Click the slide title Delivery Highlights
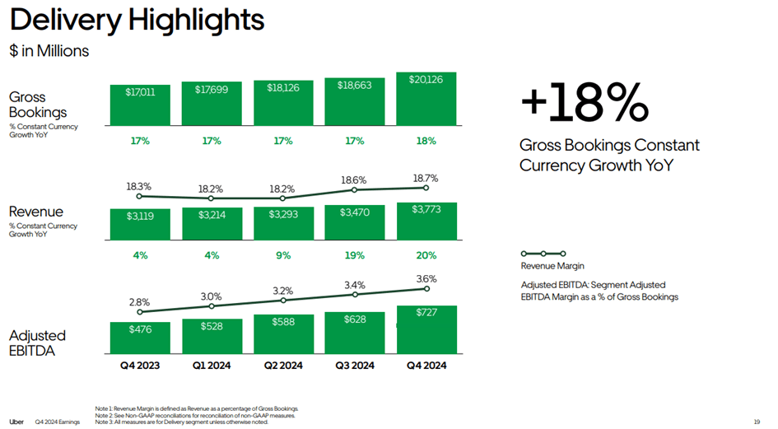(137, 19)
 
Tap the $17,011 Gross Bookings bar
(140, 104)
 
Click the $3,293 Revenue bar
(282, 223)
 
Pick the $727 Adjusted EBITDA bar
(426, 328)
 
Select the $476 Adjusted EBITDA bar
(140, 336)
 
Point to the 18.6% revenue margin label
(354, 179)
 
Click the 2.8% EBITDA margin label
(140, 302)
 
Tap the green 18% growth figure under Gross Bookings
(426, 141)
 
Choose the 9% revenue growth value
(282, 255)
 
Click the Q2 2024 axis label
(282, 366)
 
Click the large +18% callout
(584, 104)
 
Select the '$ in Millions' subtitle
(49, 51)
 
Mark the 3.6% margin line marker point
(426, 288)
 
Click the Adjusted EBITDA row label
(37, 343)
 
